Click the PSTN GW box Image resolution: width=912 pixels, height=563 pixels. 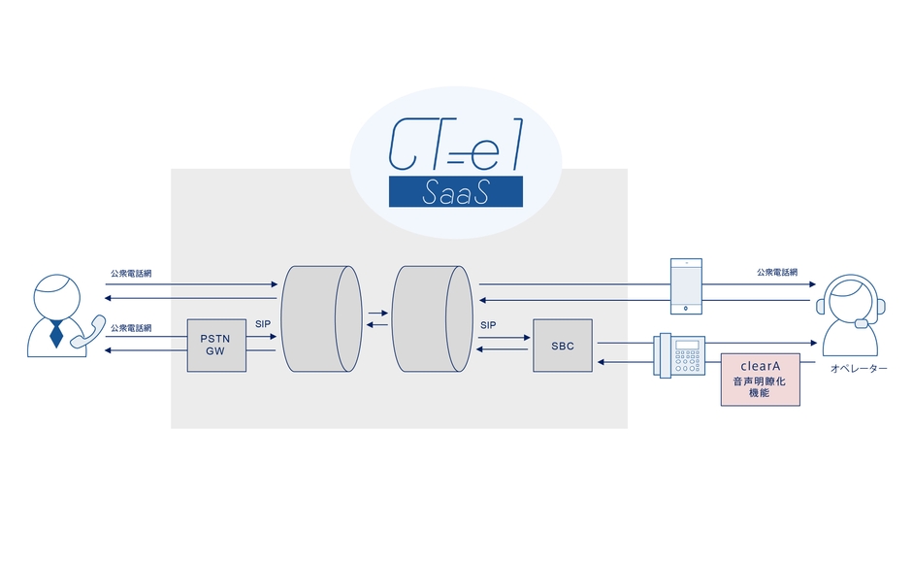(216, 345)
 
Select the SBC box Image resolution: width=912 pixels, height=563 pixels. (562, 345)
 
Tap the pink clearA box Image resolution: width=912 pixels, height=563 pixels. (761, 380)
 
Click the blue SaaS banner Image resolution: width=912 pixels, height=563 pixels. (455, 192)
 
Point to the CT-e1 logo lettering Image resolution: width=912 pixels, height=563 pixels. (455, 145)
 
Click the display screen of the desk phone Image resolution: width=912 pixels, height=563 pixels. (689, 346)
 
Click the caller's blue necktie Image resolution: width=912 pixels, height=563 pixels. (56, 333)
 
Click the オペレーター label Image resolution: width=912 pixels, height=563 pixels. (858, 370)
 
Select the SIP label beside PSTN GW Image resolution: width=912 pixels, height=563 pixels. (262, 323)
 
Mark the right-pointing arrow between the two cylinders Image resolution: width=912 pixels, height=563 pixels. (376, 313)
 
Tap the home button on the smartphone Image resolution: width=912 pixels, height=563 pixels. (687, 309)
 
